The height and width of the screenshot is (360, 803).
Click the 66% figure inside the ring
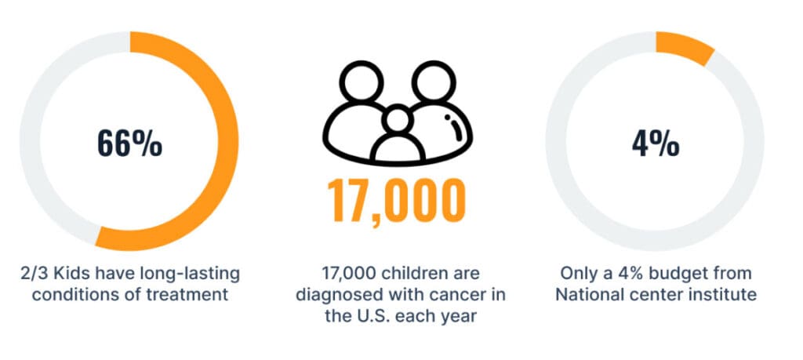[129, 144]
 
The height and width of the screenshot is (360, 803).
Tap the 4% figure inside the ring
[656, 144]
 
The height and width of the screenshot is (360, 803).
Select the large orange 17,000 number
[396, 201]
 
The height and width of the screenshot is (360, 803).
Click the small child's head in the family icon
[398, 120]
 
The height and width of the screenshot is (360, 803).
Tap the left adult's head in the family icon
[362, 82]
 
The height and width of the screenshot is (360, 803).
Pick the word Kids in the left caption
[64, 274]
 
